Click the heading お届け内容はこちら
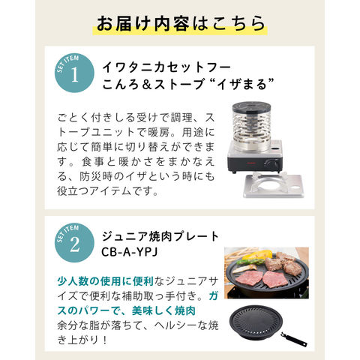tap(181, 23)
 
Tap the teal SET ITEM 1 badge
tap(74, 73)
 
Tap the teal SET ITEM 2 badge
tap(74, 243)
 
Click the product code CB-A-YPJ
tap(130, 252)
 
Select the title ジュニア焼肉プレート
tap(160, 236)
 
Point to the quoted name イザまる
tap(241, 84)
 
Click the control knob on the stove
tap(271, 163)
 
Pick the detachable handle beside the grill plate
tap(294, 340)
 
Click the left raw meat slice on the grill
tap(247, 277)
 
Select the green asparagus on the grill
tap(248, 262)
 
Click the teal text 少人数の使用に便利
tap(105, 281)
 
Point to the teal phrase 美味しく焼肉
tap(163, 310)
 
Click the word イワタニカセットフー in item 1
tap(166, 67)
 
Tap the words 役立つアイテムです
tap(108, 191)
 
